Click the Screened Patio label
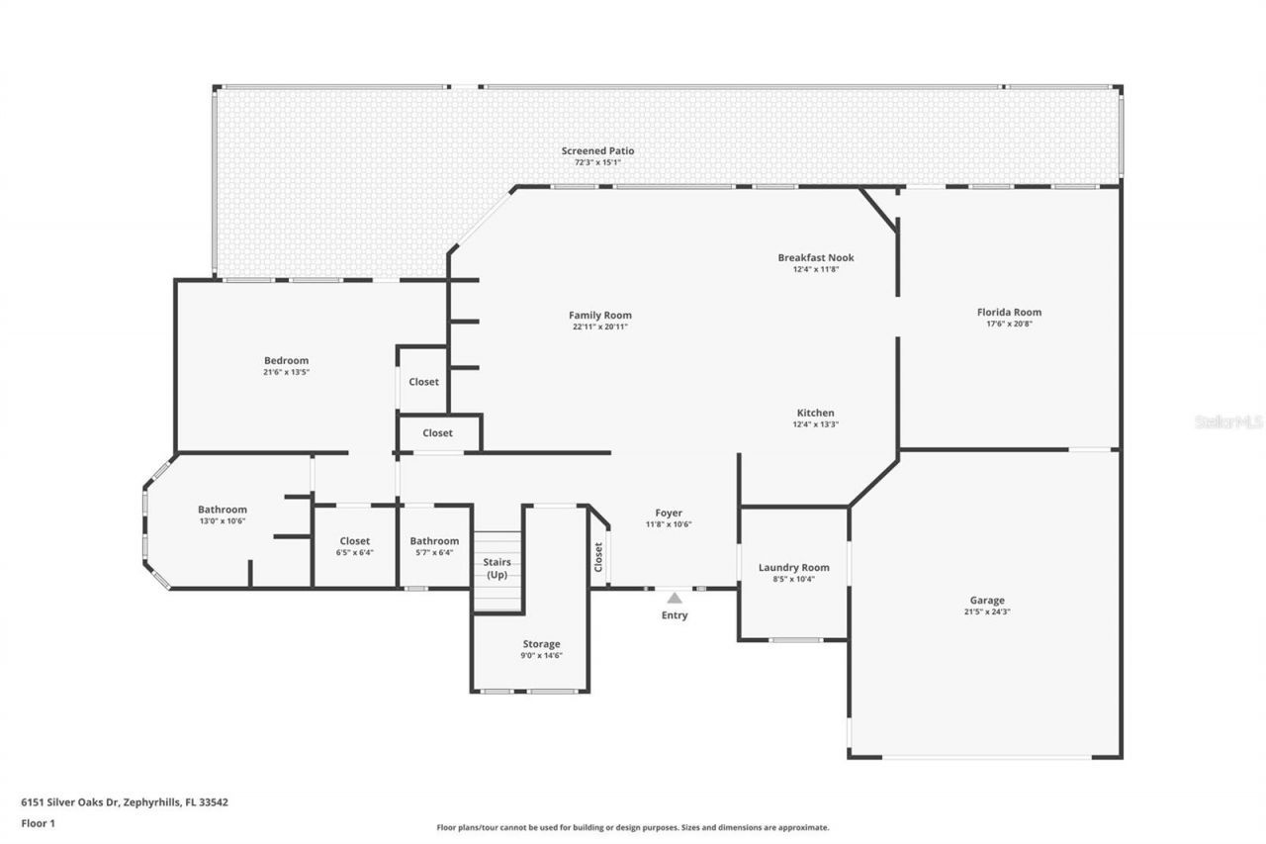coord(597,151)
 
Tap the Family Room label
coord(599,316)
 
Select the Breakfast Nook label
coord(815,258)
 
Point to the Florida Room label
coord(1009,313)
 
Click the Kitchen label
coord(815,413)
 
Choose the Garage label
coord(986,601)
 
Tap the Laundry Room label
coord(793,567)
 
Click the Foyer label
coord(669,513)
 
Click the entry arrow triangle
coord(674,598)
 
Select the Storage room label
coord(541,644)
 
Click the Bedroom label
coord(286,360)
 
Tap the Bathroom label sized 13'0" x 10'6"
coord(222,510)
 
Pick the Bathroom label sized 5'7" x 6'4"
coord(434,541)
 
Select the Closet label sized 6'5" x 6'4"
coord(354,541)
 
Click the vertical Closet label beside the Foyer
coord(598,557)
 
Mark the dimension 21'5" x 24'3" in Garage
coord(986,612)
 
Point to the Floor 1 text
coord(38,822)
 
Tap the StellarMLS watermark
coord(1228,422)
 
